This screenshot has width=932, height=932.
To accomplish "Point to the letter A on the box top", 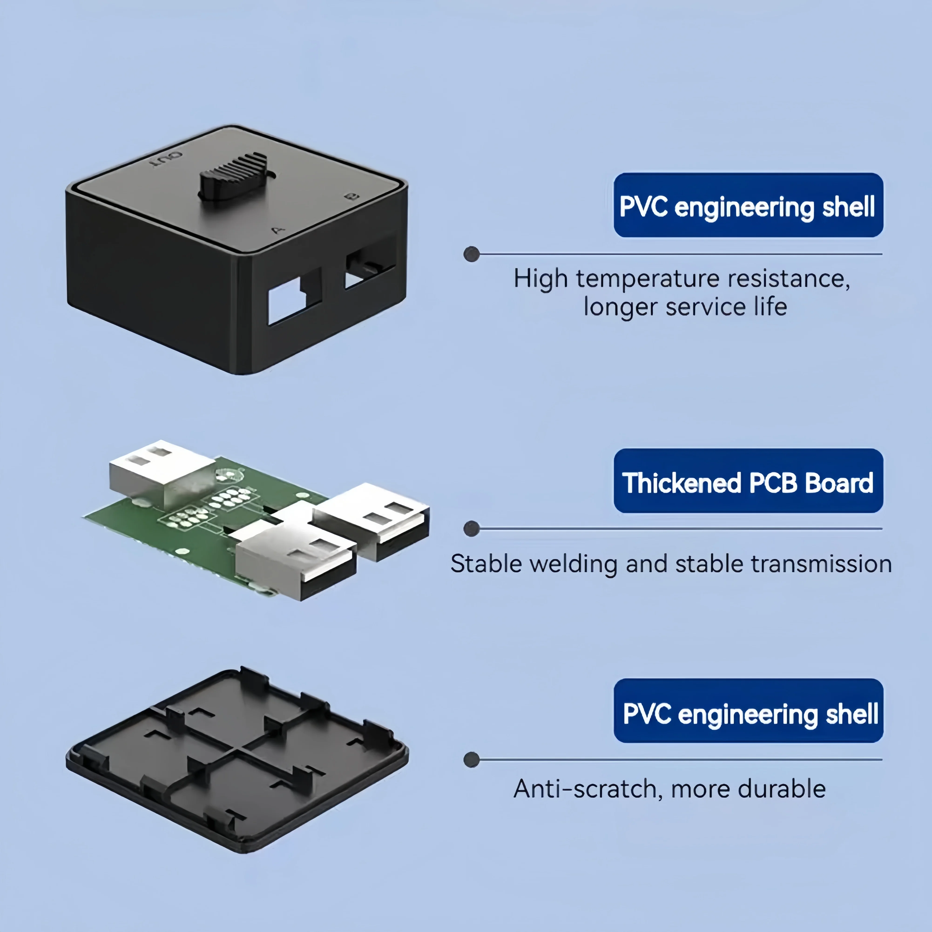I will tap(278, 230).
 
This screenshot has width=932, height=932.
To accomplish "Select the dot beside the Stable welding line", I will tap(471, 529).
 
